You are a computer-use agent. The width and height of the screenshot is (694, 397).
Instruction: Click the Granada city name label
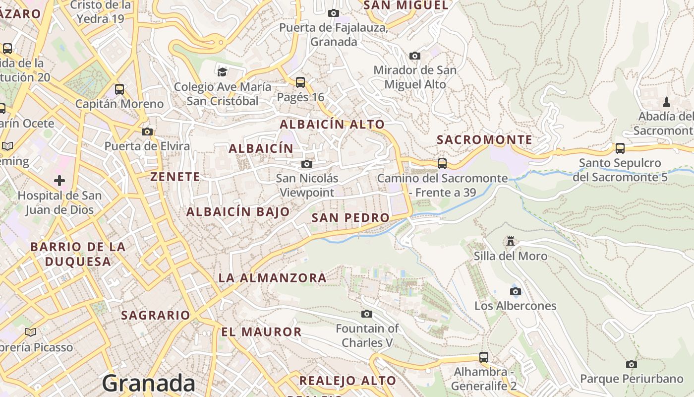coord(149,383)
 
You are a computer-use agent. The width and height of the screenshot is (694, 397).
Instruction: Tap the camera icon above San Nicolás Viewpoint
coord(307,164)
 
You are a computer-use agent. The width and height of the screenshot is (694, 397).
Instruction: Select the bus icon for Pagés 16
coord(300,82)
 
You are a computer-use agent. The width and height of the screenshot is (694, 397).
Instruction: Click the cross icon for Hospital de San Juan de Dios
coord(59,181)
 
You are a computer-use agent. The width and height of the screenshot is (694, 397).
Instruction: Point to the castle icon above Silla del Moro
coord(510,242)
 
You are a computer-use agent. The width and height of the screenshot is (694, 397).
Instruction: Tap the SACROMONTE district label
coord(484,140)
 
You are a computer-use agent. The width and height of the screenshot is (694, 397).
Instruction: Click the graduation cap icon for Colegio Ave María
coord(222,72)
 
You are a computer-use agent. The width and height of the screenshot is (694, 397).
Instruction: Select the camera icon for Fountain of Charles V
coord(367,314)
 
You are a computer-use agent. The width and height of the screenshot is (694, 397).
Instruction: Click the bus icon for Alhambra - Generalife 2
coord(484,357)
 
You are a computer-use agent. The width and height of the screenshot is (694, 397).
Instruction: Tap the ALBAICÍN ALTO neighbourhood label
coord(332,124)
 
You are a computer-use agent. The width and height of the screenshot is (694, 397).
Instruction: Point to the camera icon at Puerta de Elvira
coord(147,132)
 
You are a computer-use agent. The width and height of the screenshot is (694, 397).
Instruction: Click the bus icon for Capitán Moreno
coord(119,89)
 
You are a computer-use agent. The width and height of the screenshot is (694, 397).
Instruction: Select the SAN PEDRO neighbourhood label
coord(350,217)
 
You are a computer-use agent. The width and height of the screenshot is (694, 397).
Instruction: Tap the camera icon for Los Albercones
coord(516,291)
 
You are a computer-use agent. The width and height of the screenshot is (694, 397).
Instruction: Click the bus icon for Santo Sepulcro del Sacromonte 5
coord(620,148)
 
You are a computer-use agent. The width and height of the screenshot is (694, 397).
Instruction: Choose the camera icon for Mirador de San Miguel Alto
coord(415,56)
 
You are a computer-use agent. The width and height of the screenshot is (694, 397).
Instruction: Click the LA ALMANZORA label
coord(273,278)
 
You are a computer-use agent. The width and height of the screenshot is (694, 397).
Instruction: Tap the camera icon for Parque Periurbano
coord(631,364)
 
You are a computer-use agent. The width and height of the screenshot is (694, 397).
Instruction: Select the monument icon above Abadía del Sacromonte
coord(667,102)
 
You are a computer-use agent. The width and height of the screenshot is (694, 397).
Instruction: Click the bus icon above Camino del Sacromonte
coord(442,163)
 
